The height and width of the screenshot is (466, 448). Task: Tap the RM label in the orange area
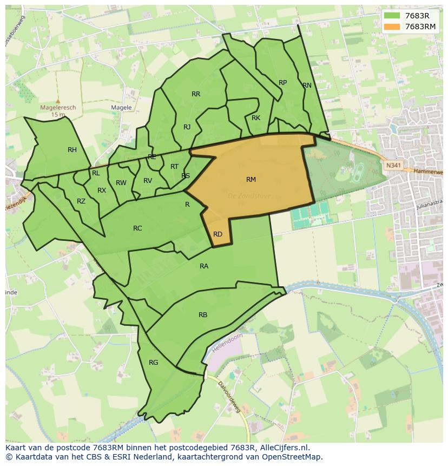[x=251, y=180]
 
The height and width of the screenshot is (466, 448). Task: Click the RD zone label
[x=218, y=234]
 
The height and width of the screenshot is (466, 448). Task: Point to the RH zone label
[x=72, y=150]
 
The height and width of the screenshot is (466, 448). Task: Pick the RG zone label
[x=154, y=363]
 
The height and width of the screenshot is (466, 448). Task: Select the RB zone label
[x=203, y=315]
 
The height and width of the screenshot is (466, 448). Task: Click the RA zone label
[x=204, y=266]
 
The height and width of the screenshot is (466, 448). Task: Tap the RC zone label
[x=137, y=228]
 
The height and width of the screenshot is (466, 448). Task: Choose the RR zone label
[x=196, y=94]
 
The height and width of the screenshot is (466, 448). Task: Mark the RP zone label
[x=282, y=83]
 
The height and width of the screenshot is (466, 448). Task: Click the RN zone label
[x=307, y=86]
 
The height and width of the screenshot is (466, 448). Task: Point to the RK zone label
[x=256, y=118]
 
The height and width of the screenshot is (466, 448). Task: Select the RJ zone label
[x=187, y=127]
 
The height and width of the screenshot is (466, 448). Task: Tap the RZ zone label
[x=81, y=201]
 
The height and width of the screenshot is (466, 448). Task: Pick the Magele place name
[x=121, y=108]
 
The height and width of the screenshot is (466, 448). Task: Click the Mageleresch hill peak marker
[x=58, y=101]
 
